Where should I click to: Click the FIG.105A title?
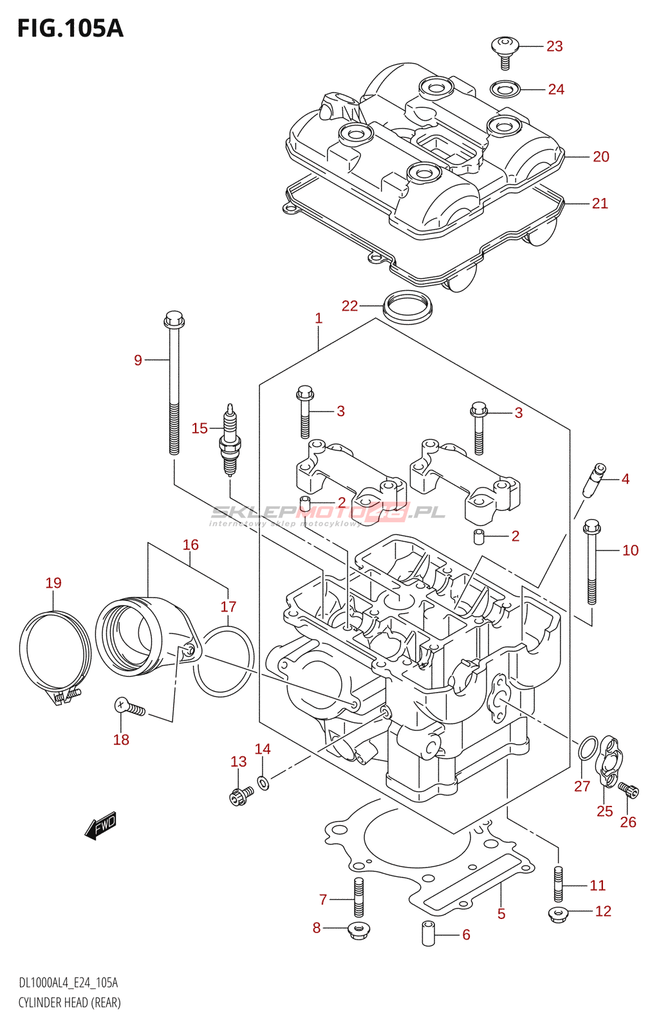point(70,28)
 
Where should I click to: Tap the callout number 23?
point(554,46)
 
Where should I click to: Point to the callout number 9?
point(138,360)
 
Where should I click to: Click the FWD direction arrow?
point(101,826)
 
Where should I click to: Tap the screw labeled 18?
point(129,707)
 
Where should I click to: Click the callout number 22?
point(349,306)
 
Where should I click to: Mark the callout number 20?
point(600,157)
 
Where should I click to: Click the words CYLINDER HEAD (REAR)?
point(70,1001)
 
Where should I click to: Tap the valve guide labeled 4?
point(594,480)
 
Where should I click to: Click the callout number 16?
point(190,545)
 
